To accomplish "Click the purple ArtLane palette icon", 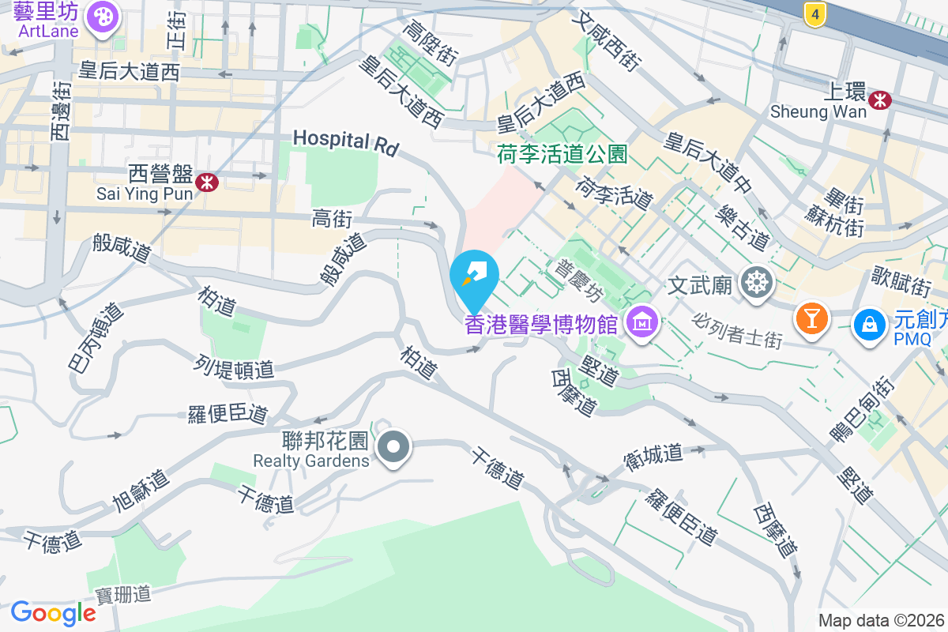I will [102, 17].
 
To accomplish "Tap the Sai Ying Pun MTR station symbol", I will [208, 182].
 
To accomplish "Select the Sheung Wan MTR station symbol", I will [879, 100].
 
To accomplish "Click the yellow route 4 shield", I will [814, 13].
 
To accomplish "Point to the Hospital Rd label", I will [345, 142].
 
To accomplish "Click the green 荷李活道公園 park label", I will [562, 153].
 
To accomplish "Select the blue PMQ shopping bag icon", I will [869, 323].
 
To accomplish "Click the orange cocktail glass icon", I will [811, 318].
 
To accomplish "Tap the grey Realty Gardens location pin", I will [394, 447].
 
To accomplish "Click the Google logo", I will [53, 613].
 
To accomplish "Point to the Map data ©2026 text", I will [880, 621].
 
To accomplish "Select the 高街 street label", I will [331, 219].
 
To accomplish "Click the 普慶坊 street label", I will [580, 280].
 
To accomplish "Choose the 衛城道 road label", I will [653, 456].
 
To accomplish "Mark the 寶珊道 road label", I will [123, 594].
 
